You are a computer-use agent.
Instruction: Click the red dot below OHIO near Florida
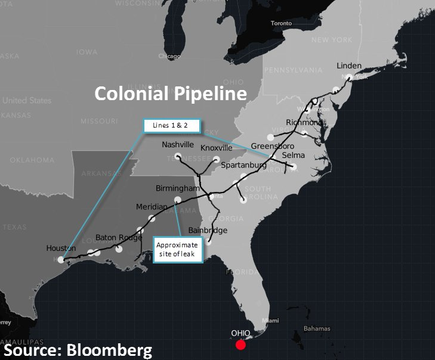click(240, 345)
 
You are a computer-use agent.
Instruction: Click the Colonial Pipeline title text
click(171, 94)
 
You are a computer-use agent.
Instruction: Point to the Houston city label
click(61, 248)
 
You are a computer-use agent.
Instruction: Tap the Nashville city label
click(178, 145)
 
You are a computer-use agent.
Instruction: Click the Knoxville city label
click(217, 148)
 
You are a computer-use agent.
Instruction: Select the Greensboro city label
click(273, 146)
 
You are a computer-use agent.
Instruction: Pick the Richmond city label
click(304, 122)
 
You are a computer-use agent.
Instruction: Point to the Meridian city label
click(152, 206)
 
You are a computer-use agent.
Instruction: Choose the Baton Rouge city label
click(119, 237)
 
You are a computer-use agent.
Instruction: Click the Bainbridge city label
click(208, 230)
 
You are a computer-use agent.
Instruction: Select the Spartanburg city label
click(243, 165)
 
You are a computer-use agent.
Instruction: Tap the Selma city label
click(293, 156)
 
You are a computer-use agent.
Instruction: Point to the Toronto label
click(281, 23)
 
